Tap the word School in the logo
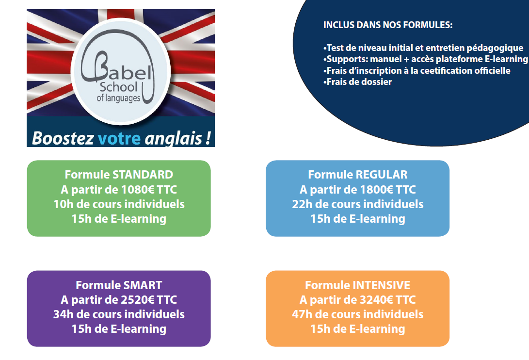click(x=118, y=87)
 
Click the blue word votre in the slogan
click(x=119, y=138)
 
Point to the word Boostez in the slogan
click(x=63, y=138)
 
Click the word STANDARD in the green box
click(x=143, y=175)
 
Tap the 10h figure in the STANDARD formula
click(x=63, y=204)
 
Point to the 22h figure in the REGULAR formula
click(x=302, y=204)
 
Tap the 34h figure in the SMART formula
click(x=63, y=314)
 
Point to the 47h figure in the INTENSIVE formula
click(x=302, y=314)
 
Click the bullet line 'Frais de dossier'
click(x=358, y=82)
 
